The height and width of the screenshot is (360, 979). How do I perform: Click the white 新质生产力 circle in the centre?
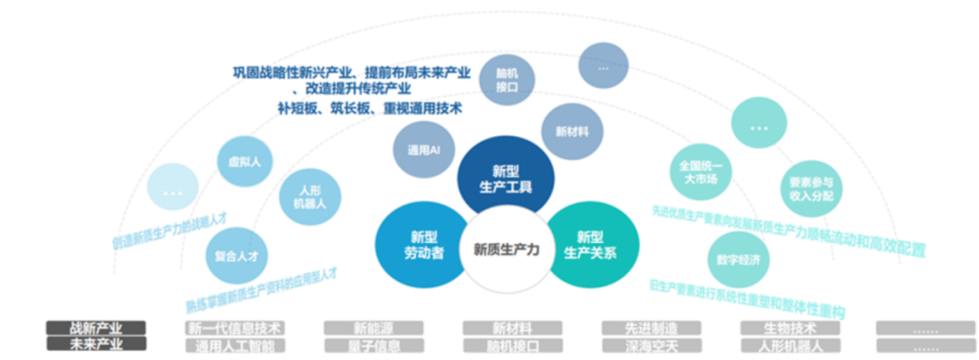tap(506, 250)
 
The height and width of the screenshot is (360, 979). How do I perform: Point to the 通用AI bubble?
tap(423, 150)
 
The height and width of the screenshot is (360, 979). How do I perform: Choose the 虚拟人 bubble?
tap(245, 162)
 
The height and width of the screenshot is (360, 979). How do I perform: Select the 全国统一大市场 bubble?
tap(698, 172)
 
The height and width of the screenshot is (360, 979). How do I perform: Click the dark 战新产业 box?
tap(96, 328)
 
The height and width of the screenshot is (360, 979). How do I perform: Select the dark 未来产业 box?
tap(96, 345)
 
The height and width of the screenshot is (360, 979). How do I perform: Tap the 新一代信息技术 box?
tap(235, 328)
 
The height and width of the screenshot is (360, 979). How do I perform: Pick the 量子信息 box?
tap(373, 345)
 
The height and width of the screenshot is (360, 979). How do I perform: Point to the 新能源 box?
tap(373, 328)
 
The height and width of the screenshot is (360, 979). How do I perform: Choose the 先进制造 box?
tap(652, 328)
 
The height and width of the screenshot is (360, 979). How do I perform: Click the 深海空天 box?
tap(652, 345)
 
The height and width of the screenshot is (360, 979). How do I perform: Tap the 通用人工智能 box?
tap(235, 345)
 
